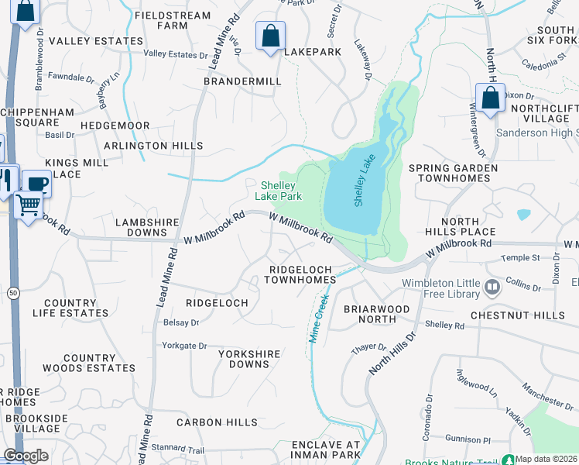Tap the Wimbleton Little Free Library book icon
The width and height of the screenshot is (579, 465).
click(492, 288)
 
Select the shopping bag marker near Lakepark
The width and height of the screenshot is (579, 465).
click(270, 36)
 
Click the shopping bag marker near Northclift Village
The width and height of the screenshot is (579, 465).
click(490, 98)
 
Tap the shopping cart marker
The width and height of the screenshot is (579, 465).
click(28, 205)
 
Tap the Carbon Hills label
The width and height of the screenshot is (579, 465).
click(217, 422)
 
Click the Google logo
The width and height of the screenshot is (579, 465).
click(26, 456)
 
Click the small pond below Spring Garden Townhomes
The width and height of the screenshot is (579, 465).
click(524, 215)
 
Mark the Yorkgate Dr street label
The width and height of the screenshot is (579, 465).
click(184, 346)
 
